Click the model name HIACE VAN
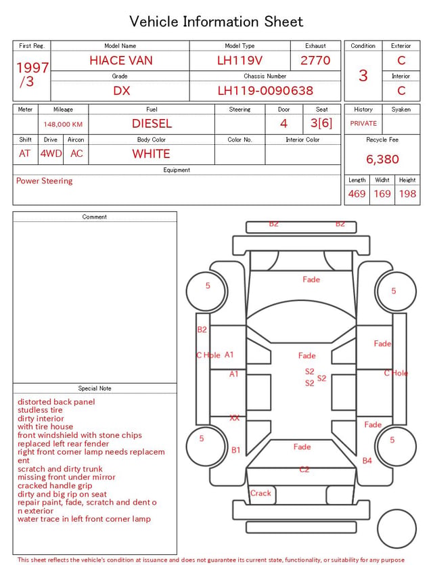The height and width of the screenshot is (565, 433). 121,60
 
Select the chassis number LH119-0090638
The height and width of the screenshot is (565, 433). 265,91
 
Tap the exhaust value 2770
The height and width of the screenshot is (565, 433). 315,60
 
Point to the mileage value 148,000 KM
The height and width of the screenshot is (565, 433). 63,125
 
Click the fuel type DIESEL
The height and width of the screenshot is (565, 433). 152,124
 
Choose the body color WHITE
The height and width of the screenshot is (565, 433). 151,154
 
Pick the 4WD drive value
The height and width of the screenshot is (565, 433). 51,154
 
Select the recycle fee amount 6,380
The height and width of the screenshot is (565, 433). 382,159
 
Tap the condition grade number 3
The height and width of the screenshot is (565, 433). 363,75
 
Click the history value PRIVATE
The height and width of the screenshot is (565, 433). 363,123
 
